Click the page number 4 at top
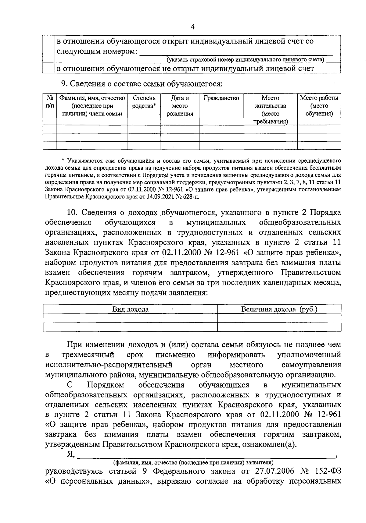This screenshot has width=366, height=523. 192,27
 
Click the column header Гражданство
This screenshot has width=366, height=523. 221,98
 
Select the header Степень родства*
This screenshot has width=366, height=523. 144,102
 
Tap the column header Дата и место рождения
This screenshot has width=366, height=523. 180,106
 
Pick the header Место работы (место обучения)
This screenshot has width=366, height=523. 319,106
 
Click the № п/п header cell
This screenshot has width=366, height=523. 50,102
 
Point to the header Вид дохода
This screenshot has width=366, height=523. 131,309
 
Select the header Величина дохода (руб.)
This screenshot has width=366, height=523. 279,309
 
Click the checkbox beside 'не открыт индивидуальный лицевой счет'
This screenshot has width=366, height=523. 49,69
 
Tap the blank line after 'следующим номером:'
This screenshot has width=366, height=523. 235,52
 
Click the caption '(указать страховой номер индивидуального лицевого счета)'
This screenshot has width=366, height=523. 245,59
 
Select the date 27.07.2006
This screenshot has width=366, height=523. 273,480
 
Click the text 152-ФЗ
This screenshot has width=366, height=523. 328,480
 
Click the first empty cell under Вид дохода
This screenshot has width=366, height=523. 131,318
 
